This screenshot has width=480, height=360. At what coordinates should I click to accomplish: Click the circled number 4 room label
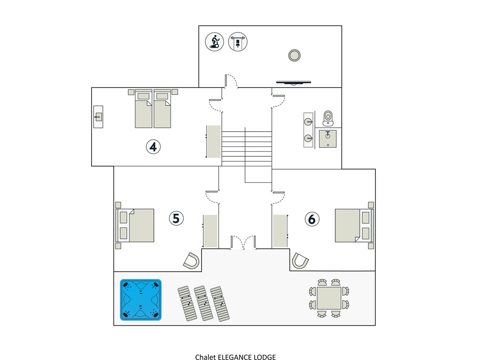pos(153,147)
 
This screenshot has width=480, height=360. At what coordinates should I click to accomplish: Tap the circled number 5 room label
pos(176,218)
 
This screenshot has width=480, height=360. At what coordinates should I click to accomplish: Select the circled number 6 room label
pos(312,219)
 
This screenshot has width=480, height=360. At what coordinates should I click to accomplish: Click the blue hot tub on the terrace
pos(141,300)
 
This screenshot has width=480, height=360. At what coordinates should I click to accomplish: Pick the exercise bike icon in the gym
pos(214,42)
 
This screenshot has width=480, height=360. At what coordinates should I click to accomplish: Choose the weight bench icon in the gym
pos(238,42)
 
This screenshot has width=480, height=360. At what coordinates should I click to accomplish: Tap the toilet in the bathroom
pos(328,118)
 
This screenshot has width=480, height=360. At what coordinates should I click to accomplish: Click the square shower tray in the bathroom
pos(328,138)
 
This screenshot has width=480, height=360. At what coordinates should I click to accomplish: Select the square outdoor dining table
pos(329,298)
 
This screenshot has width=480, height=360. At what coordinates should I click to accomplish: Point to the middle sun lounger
pos(203,303)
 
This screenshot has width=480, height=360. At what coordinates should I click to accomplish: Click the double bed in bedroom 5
pos(135,225)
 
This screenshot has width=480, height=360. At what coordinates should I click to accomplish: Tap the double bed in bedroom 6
pos(354,225)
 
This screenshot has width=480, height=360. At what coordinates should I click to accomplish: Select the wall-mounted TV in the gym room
pos(294,82)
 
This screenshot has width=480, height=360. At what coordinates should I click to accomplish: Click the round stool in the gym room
pos(294,55)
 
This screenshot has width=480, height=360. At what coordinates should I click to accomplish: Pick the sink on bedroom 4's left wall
pos(98,117)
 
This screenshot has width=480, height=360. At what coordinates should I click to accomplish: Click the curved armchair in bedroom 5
pos(192,261)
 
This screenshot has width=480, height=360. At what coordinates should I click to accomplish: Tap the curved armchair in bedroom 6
pos(300,261)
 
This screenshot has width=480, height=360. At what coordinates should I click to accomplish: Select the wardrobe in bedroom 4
pos(214,142)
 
